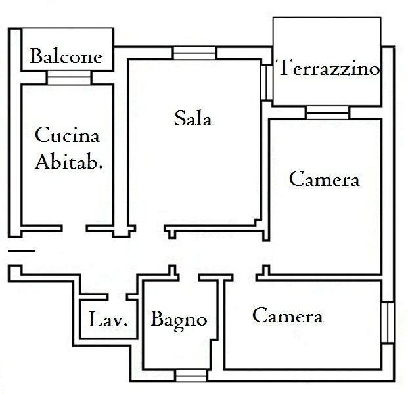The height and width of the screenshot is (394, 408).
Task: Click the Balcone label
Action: point(66,56)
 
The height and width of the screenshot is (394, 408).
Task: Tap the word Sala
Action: point(193,119)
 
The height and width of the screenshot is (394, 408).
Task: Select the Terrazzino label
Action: point(329,68)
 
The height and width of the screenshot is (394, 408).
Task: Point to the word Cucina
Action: point(67,137)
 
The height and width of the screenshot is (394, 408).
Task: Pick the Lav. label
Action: point(108,322)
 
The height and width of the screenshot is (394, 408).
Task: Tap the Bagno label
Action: point(179,320)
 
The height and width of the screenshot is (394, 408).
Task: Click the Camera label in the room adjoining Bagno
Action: point(288,317)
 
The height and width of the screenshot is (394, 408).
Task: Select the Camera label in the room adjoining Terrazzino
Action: point(325,179)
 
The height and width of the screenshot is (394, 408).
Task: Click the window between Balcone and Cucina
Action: point(68,77)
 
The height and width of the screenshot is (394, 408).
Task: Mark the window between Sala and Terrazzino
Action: point(265,81)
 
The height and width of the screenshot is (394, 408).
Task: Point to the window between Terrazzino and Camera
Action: point(327,112)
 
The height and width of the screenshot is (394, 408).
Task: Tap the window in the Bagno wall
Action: point(191,376)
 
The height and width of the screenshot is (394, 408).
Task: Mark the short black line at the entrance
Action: point(22,250)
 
